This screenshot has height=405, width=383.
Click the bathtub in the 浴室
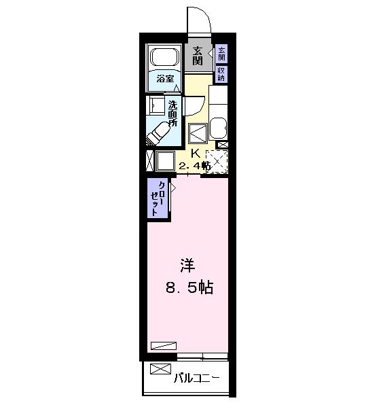click(x=165, y=57)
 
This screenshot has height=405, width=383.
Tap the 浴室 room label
click(x=165, y=78)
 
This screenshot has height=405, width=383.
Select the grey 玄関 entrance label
click(x=198, y=56)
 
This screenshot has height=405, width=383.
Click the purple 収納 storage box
click(x=221, y=74)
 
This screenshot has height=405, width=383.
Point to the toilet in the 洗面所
click(x=158, y=133)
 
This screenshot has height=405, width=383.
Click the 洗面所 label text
click(x=173, y=113)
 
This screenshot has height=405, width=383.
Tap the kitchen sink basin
click(x=219, y=128)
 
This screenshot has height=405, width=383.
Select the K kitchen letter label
click(x=196, y=154)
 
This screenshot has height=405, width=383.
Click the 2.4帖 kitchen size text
click(x=194, y=165)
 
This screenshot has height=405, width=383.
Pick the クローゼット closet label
click(x=158, y=198)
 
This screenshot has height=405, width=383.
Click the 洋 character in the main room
click(x=187, y=265)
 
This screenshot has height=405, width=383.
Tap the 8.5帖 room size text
click(x=189, y=287)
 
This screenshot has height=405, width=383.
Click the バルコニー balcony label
click(x=197, y=378)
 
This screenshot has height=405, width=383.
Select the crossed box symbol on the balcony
click(x=160, y=369)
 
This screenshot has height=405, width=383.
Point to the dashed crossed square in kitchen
click(x=217, y=162)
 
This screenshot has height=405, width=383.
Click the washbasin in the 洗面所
click(x=156, y=105)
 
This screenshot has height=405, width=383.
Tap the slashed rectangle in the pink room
click(x=164, y=346)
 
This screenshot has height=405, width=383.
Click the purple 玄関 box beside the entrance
click(x=221, y=54)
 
